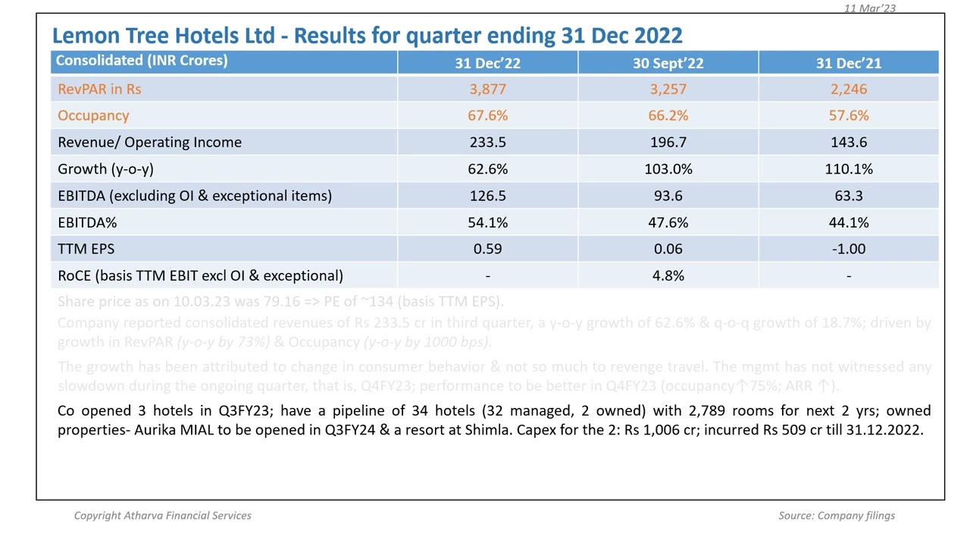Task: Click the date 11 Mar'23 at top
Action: point(870,8)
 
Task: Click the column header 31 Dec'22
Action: point(487,63)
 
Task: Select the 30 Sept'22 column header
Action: point(668,63)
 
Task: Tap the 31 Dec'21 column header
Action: point(848,63)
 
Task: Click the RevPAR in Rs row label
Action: point(99,89)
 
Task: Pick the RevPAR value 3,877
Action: point(487,89)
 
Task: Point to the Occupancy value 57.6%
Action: point(848,115)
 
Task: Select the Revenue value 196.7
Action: point(668,142)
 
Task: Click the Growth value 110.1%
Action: point(848,169)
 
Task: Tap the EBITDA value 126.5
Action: point(487,196)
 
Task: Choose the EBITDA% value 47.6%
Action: point(668,222)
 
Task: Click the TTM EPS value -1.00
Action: point(848,249)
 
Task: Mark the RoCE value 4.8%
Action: point(668,275)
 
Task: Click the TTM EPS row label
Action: point(86,249)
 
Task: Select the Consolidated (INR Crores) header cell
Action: point(142,61)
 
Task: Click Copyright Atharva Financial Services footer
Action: point(162,516)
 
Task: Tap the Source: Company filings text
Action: point(836,516)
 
